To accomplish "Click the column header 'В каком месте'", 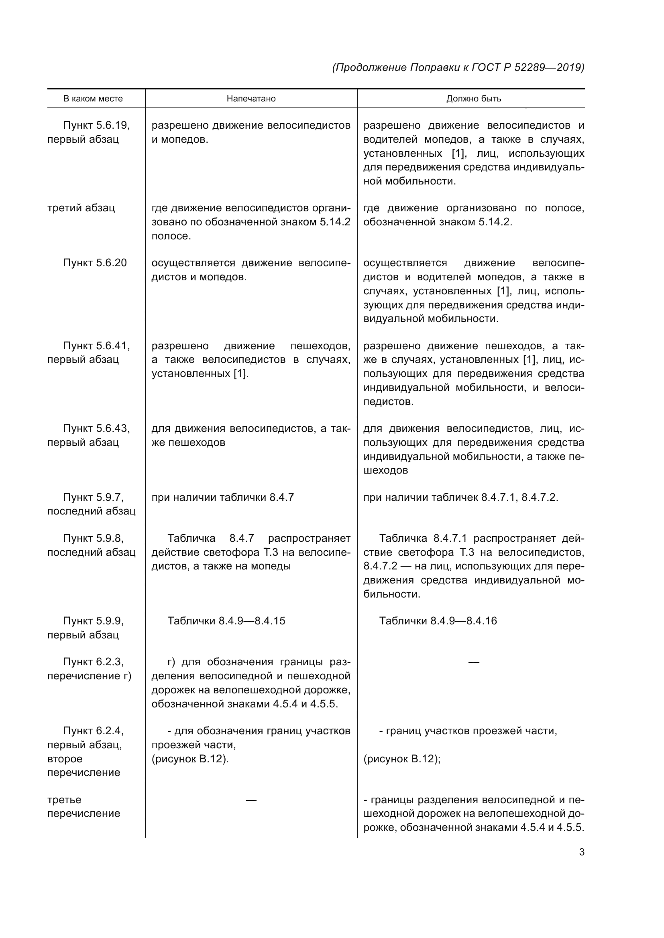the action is point(93,99).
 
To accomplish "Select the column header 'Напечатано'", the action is point(251,99).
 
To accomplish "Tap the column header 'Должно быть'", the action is point(473,99).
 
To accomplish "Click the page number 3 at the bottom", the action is point(581,852).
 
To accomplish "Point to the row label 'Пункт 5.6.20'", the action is point(95,263).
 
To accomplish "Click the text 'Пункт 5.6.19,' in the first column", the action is point(96,126).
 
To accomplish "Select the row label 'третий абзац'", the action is point(81,208).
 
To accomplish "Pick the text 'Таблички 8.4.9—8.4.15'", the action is point(226,621).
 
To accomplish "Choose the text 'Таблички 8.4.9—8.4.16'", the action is point(438,621).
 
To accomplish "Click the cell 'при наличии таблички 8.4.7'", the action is point(222,497).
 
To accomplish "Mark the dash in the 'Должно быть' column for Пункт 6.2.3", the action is point(473,662).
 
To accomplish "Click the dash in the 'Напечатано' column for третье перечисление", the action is point(251,800).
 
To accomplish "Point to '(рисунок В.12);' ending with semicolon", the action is point(401,759).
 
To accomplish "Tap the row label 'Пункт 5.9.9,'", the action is point(93,621).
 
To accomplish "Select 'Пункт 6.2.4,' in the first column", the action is point(93,731).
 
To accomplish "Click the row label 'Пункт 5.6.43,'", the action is point(96,429).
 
